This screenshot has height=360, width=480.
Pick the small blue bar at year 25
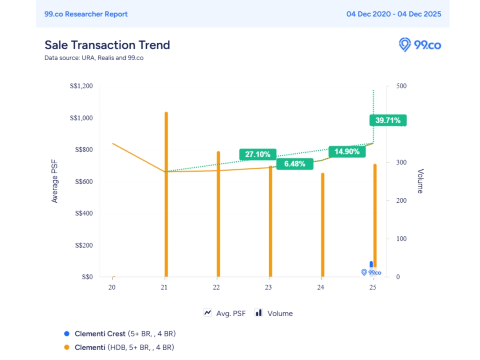coord(371,264)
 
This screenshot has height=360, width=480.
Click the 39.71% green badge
coord(388,120)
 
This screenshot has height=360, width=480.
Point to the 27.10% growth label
coord(258,154)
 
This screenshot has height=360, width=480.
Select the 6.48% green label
coord(295,164)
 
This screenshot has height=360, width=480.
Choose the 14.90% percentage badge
coord(347,152)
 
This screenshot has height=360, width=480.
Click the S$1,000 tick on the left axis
coord(81,118)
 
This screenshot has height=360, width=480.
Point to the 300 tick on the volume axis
coord(389,163)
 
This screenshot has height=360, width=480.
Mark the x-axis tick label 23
coord(269,287)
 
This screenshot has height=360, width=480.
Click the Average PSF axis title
coord(55,182)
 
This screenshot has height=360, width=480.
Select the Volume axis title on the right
coord(420,181)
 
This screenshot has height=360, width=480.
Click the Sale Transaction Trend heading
coord(107,45)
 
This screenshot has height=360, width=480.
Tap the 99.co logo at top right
coord(420,45)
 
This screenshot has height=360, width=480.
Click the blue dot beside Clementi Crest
coord(67,333)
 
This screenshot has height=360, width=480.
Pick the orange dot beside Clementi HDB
coord(67,347)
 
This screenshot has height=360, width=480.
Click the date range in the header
coord(394,14)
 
